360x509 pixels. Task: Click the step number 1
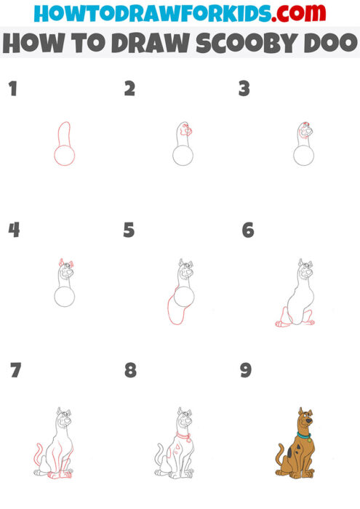(x=12, y=89)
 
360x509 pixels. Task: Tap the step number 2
(x=129, y=89)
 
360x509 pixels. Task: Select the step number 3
(x=244, y=89)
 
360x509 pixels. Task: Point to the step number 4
(x=13, y=230)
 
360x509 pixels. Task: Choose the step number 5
(x=129, y=231)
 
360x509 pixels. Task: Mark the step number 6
(x=247, y=231)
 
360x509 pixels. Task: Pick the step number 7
(x=15, y=370)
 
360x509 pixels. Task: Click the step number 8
(x=130, y=370)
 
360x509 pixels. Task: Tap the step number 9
(x=246, y=370)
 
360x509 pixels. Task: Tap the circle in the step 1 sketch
(x=64, y=155)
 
